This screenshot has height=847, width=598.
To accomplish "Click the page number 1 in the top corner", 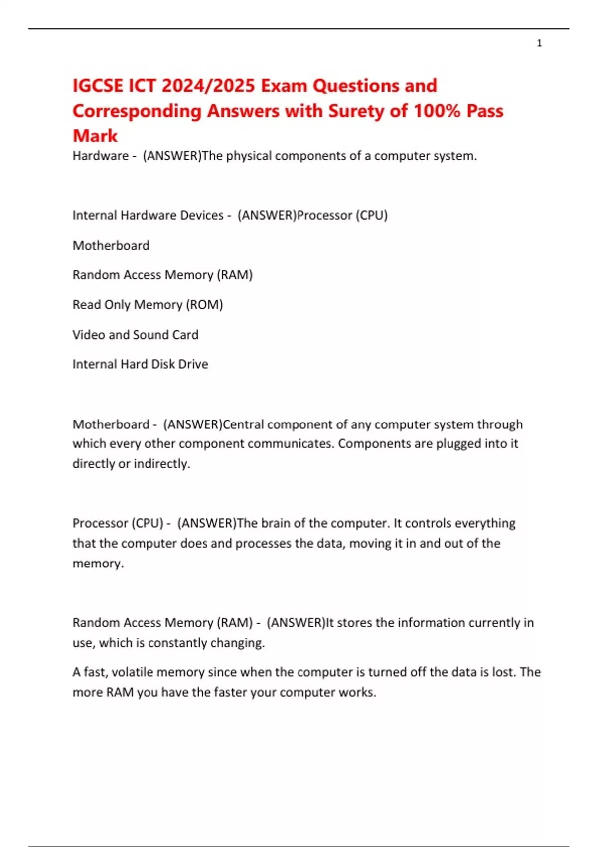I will tap(539, 43).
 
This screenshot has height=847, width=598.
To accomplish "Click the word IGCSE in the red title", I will tap(98, 86).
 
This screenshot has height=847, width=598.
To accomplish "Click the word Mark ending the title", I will tap(95, 136).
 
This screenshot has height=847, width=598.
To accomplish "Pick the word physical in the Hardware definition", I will tap(249, 156).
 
